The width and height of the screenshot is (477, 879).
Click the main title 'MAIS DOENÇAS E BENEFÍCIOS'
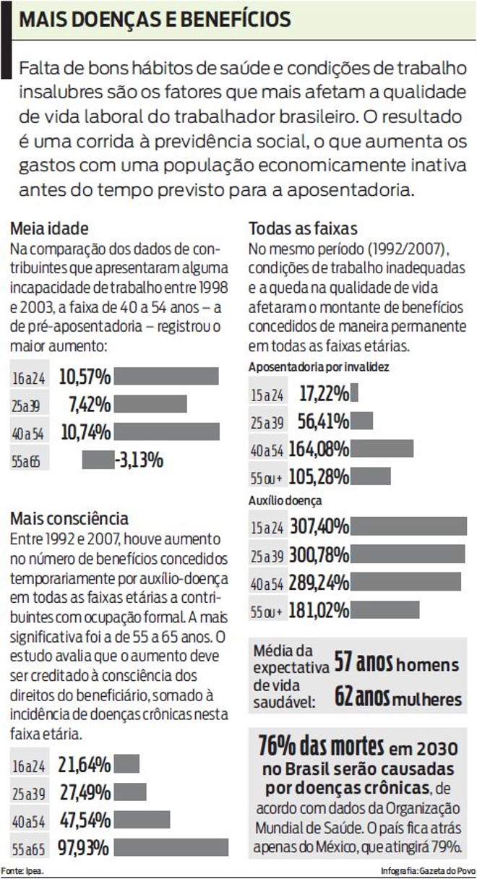[155, 20]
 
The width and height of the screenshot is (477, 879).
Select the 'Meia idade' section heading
[49, 228]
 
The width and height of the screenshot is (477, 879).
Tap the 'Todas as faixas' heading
[303, 228]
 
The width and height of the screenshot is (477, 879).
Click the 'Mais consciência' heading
[69, 518]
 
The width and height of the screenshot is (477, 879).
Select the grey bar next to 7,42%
[150, 403]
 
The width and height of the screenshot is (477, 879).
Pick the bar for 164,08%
[382, 449]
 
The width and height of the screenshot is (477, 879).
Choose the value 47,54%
[85, 820]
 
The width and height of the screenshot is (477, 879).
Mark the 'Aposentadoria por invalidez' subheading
[319, 366]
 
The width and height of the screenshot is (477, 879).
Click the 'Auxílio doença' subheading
[285, 499]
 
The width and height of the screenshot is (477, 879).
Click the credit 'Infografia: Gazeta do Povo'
[428, 870]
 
